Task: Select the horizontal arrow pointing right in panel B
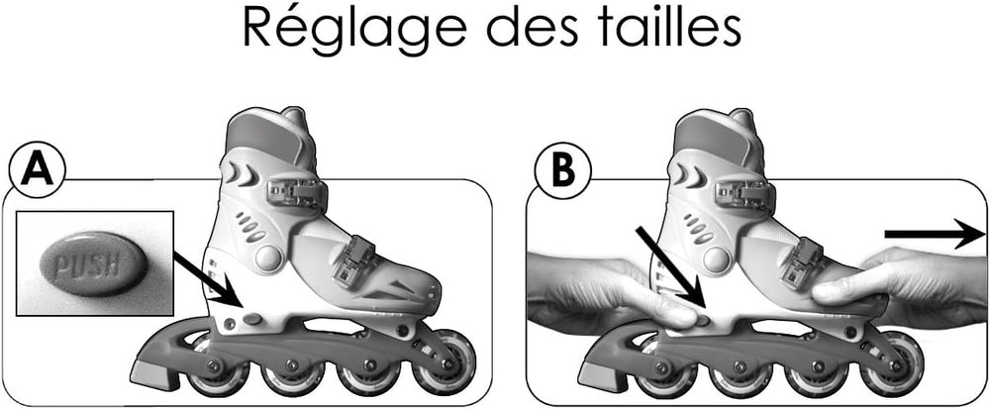pyautogui.click(x=936, y=234)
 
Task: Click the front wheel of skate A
pyautogui.click(x=445, y=363)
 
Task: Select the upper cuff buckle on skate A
pyautogui.click(x=297, y=192)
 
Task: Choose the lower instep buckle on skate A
pyautogui.click(x=354, y=261)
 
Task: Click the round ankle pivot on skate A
pyautogui.click(x=269, y=257)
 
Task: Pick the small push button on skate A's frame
pyautogui.click(x=253, y=319)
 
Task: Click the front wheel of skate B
pyautogui.click(x=893, y=363)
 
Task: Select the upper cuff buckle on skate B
pyautogui.click(x=745, y=192)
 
